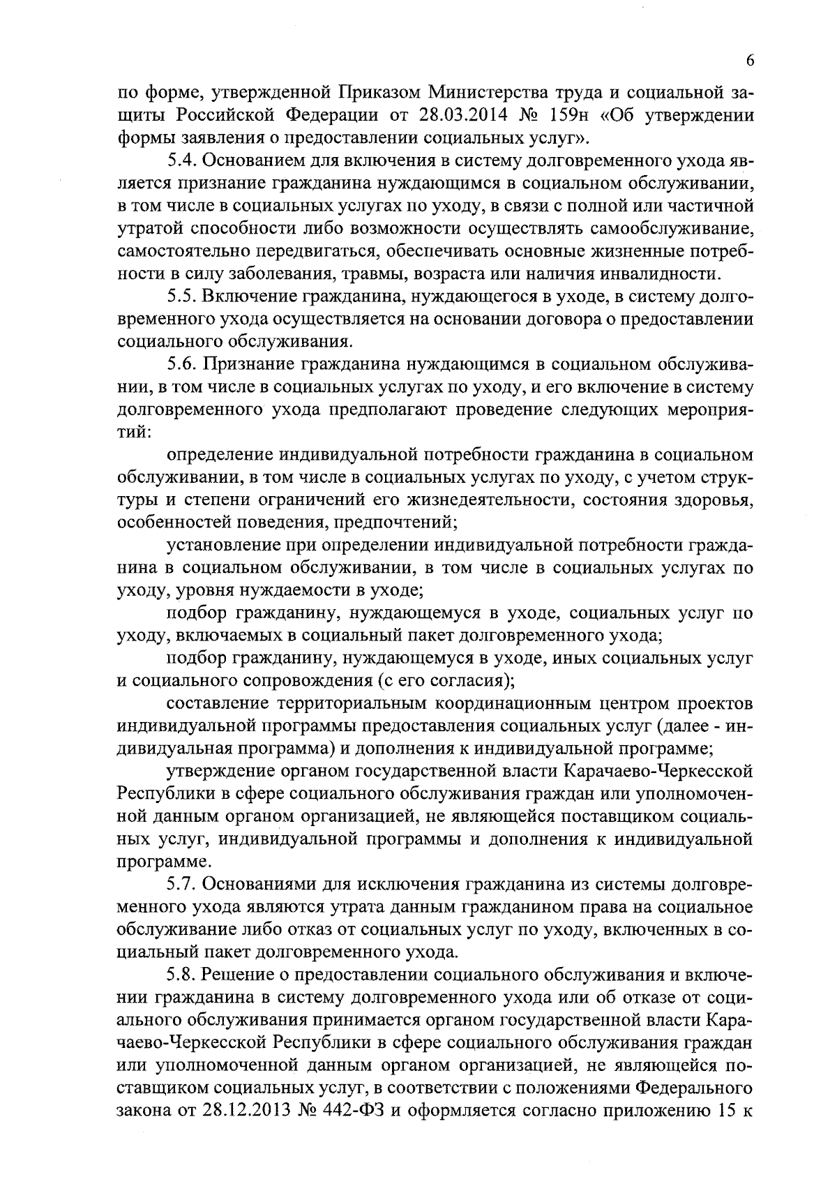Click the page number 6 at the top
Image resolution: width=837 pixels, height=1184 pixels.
750,61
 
